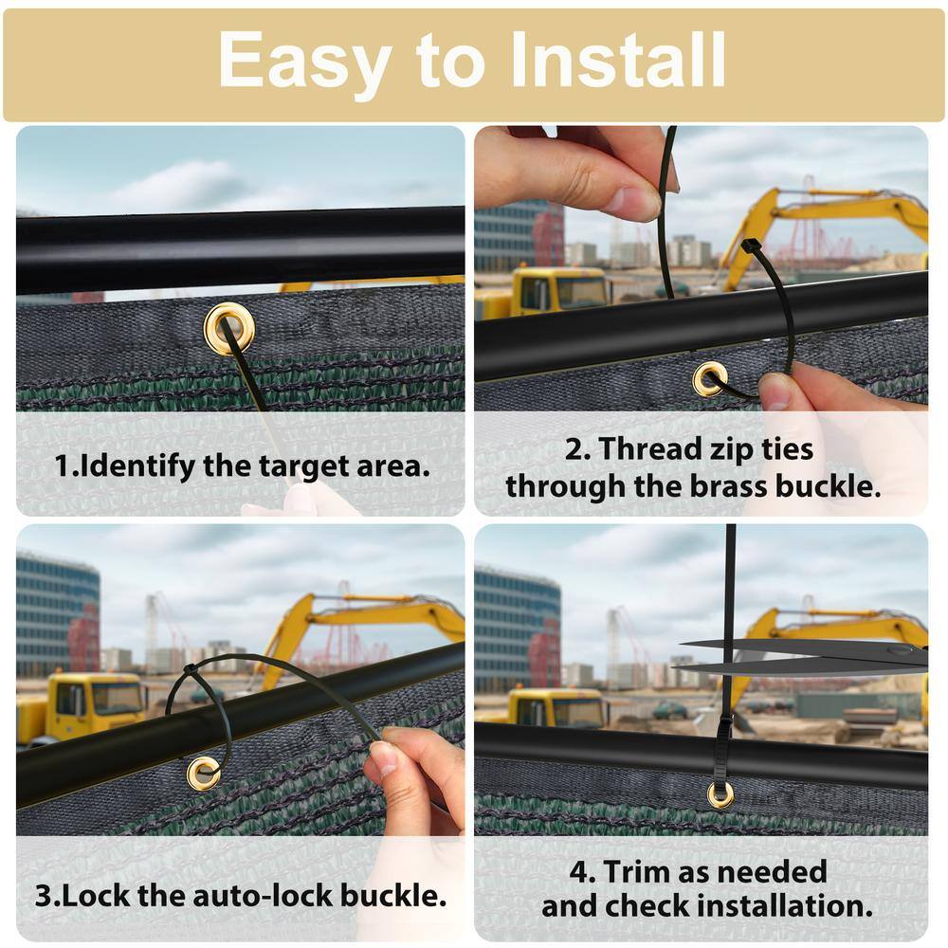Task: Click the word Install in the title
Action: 617,59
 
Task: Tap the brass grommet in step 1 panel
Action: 228,328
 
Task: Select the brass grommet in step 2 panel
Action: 709,378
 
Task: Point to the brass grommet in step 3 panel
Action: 203,772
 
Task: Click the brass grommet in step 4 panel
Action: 720,794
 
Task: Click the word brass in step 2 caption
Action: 729,486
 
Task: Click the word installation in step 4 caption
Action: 789,905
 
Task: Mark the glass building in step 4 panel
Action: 518,629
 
